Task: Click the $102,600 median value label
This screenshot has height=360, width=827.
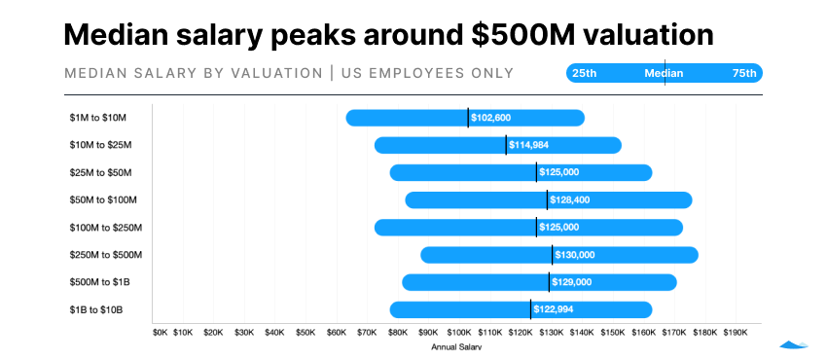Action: coord(490,118)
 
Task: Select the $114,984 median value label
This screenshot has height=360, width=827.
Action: coord(528,145)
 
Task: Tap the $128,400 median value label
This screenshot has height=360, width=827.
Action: coord(569,199)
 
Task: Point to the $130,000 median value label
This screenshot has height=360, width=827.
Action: coord(574,255)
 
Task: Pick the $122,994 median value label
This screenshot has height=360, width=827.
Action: coord(554,309)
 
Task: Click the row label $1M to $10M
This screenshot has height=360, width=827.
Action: coord(98,118)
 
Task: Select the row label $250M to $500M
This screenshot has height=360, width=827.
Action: coord(106,255)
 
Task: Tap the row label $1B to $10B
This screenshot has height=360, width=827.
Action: coord(96,309)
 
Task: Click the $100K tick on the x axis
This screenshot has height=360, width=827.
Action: coord(459,332)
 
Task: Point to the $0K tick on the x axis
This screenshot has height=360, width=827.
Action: coord(161,332)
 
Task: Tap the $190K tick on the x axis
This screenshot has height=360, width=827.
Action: coord(735,332)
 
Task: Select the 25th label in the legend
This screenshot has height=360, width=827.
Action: coord(585,74)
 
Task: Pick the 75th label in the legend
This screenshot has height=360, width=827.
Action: coord(744,74)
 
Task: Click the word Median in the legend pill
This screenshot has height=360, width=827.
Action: coord(664,74)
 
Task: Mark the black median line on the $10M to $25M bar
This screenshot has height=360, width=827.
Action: coord(506,145)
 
